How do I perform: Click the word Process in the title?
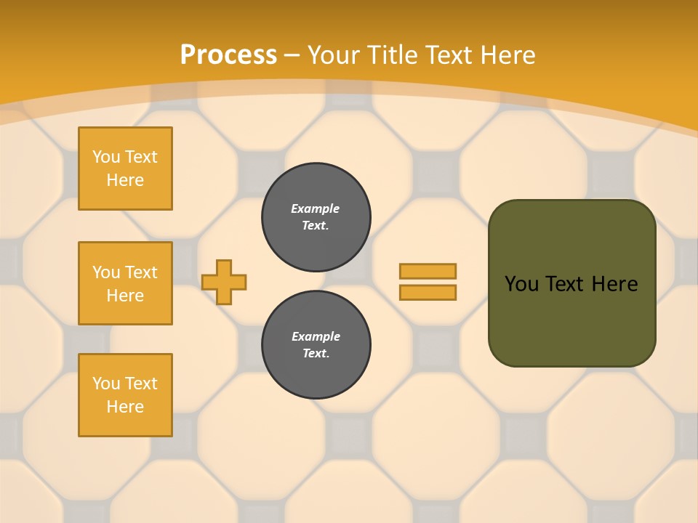[228, 54]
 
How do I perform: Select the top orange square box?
[125, 169]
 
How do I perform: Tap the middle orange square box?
[125, 283]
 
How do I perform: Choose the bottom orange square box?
[125, 395]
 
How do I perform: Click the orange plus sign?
[224, 282]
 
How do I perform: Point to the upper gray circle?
[316, 216]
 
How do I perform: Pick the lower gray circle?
[316, 344]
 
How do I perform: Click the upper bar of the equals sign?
[428, 271]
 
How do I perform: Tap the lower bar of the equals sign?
[428, 293]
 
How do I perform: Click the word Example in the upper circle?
[315, 208]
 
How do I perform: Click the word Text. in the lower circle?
[316, 354]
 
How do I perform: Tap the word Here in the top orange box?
[125, 180]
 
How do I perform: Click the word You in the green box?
[521, 284]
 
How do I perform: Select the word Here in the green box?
[614, 284]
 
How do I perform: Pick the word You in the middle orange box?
[105, 272]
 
